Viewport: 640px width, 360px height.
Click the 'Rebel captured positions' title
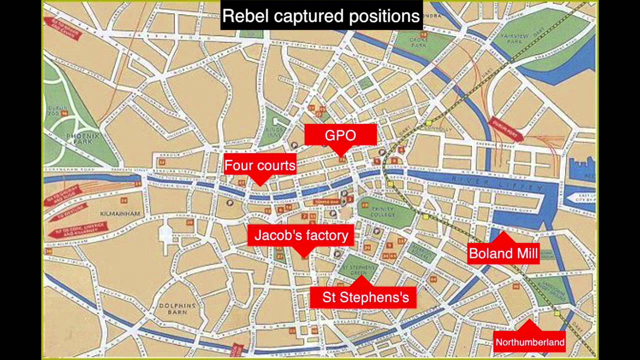[321, 16]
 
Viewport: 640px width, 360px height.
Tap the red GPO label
[340, 135]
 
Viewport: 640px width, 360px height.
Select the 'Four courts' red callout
[260, 165]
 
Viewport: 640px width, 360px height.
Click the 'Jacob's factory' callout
[301, 235]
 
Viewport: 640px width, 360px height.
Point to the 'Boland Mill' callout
[503, 253]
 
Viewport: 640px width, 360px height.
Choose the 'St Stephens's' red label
[365, 297]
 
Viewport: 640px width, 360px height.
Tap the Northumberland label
[529, 342]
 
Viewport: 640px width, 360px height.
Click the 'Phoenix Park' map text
[82, 138]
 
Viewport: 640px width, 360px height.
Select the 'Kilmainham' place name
[120, 213]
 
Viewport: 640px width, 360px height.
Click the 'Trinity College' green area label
[383, 211]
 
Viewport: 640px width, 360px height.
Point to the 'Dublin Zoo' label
[57, 110]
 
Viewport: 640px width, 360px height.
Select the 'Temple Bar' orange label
[326, 202]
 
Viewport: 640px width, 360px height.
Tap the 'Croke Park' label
[417, 42]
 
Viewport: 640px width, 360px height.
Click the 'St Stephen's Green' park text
[358, 270]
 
